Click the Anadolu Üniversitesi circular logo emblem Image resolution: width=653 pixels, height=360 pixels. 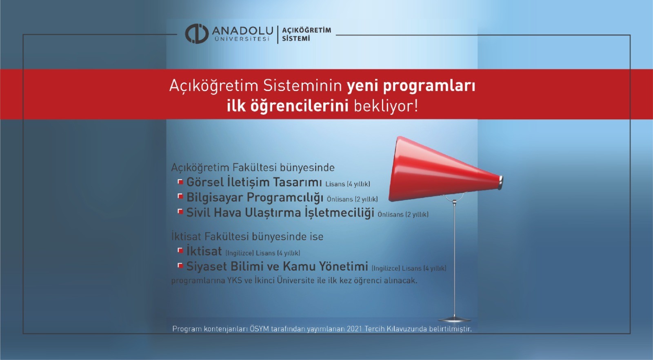click(x=197, y=33)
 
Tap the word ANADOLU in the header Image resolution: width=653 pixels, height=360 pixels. click(x=242, y=31)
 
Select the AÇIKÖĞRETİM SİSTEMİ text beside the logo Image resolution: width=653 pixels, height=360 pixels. click(x=306, y=34)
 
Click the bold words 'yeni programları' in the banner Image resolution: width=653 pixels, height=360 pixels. click(x=411, y=86)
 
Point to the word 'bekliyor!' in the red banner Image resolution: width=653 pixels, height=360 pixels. click(x=386, y=106)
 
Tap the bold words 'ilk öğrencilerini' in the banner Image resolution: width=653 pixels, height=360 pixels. click(x=287, y=106)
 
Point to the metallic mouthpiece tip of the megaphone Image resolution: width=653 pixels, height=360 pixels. click(x=501, y=182)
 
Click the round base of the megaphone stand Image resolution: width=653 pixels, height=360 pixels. click(x=454, y=319)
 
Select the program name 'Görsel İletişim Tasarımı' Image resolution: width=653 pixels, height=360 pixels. click(x=254, y=182)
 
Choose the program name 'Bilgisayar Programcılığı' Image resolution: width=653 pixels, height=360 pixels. click(x=255, y=198)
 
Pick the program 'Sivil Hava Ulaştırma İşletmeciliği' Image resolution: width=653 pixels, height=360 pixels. click(x=280, y=213)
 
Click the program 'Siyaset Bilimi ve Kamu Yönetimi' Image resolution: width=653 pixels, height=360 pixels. click(x=277, y=267)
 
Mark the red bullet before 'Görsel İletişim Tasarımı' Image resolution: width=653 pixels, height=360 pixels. click(x=180, y=181)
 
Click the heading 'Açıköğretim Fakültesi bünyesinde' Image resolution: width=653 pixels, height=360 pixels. click(x=253, y=167)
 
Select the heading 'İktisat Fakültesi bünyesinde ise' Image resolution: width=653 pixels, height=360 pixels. click(x=247, y=237)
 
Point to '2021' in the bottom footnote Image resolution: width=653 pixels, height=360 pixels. click(x=354, y=329)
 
